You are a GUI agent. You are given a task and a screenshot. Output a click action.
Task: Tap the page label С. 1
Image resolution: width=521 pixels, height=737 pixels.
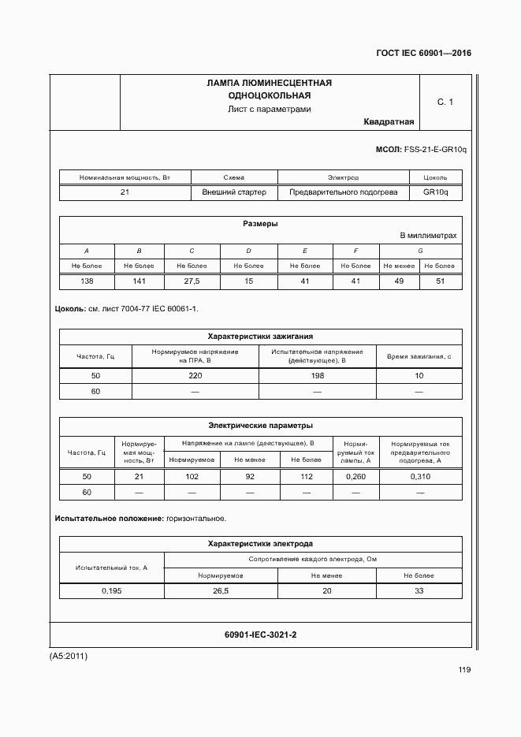[x=445, y=102]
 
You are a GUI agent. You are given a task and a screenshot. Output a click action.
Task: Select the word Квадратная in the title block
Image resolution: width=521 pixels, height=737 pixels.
[x=389, y=121]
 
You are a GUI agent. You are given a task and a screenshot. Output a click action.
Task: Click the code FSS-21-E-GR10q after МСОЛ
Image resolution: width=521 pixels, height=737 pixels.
[x=435, y=149]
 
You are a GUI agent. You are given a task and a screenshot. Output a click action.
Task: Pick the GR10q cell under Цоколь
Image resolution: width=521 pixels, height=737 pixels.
[x=435, y=192]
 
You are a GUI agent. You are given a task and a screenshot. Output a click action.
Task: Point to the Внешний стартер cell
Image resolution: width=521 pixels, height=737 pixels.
[x=234, y=192]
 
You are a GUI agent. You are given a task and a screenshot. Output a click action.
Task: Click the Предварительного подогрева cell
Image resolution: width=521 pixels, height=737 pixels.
[x=343, y=192]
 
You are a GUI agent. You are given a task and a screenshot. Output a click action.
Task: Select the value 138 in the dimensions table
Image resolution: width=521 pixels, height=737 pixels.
[x=87, y=281]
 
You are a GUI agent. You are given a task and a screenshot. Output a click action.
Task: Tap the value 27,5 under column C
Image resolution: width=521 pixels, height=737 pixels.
[x=192, y=281]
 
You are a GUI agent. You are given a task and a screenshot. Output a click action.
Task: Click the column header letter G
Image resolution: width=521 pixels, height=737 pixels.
[x=420, y=251]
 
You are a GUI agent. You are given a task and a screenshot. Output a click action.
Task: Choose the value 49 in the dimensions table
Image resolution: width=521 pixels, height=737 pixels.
[x=399, y=281]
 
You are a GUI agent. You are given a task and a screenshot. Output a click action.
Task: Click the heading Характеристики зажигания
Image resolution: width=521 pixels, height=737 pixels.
[x=260, y=336]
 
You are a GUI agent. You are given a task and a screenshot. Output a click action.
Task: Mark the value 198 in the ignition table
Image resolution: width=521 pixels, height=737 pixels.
[x=318, y=376]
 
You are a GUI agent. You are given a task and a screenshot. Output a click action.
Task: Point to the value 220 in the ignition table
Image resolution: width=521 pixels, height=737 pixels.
[x=195, y=376]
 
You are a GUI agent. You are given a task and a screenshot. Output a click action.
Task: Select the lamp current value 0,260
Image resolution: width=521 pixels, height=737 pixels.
[x=355, y=477]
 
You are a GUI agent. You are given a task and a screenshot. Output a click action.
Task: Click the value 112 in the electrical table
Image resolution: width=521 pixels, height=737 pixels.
[x=307, y=477]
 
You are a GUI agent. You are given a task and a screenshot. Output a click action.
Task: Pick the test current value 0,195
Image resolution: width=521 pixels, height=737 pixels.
[x=111, y=590]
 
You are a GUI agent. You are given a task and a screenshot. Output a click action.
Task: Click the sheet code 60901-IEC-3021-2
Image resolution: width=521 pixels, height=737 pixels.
[x=260, y=635]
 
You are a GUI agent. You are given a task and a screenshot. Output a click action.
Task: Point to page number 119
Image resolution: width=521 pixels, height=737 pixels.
[x=463, y=670]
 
